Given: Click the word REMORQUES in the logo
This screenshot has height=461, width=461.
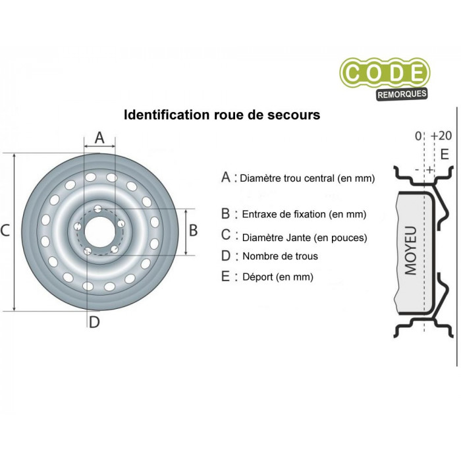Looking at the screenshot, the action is click(402, 94).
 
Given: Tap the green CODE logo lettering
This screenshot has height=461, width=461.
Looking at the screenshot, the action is click(385, 73).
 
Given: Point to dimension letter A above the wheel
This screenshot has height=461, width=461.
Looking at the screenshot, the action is click(99, 138).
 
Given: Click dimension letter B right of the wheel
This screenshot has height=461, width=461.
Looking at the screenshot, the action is click(193, 230).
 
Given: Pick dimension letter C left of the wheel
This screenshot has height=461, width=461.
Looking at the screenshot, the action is click(5, 230).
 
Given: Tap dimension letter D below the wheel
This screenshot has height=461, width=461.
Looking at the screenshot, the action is click(94, 322).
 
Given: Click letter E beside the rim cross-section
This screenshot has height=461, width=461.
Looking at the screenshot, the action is click(445, 154).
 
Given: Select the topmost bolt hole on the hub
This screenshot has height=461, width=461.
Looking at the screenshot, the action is click(98, 209).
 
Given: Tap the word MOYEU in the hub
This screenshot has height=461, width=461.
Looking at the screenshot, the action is click(411, 250).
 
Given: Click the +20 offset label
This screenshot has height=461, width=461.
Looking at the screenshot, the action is click(441, 136).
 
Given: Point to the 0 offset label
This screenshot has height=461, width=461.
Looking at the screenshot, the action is click(418, 136).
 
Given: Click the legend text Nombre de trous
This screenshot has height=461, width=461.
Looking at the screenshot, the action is click(280, 256).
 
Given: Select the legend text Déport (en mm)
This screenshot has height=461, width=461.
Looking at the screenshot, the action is click(278, 277).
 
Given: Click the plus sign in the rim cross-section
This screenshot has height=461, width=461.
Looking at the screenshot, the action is click(430, 170).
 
